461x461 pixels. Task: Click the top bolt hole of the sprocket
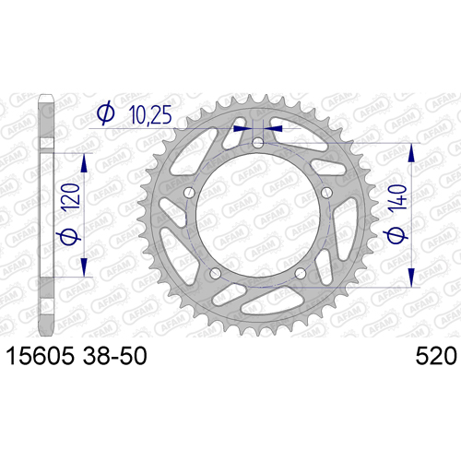coord(258,143)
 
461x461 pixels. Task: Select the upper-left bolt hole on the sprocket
coord(189,193)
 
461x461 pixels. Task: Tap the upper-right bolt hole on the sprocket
coord(326,193)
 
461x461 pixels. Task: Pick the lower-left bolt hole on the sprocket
coord(215,273)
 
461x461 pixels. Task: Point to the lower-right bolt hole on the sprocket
coord(301,273)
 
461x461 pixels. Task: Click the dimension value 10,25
coord(150,114)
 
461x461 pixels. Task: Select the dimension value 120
coord(71,197)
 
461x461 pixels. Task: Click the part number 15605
coord(41,356)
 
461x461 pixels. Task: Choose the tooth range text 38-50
coord(115,356)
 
